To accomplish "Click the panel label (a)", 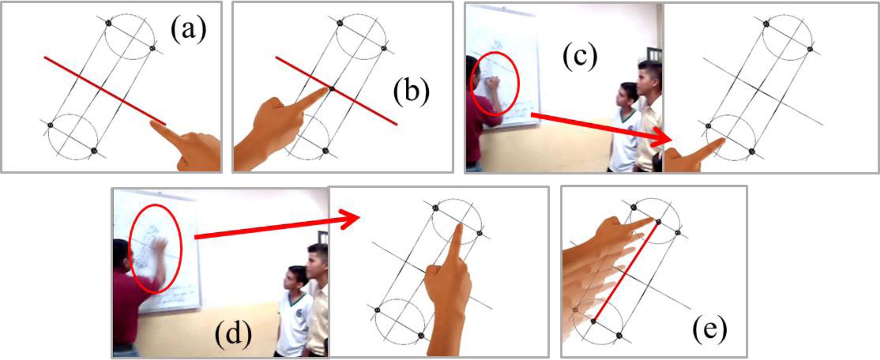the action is [x=189, y=30].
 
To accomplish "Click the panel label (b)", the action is [x=411, y=92].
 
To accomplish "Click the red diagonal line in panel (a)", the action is [x=105, y=91].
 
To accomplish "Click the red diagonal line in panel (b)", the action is [x=336, y=91].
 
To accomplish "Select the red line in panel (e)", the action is [x=625, y=272].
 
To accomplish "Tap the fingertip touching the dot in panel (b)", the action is [x=327, y=90].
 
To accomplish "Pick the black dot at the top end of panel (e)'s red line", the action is [x=658, y=222].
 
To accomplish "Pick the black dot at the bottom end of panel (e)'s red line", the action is [x=593, y=322].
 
